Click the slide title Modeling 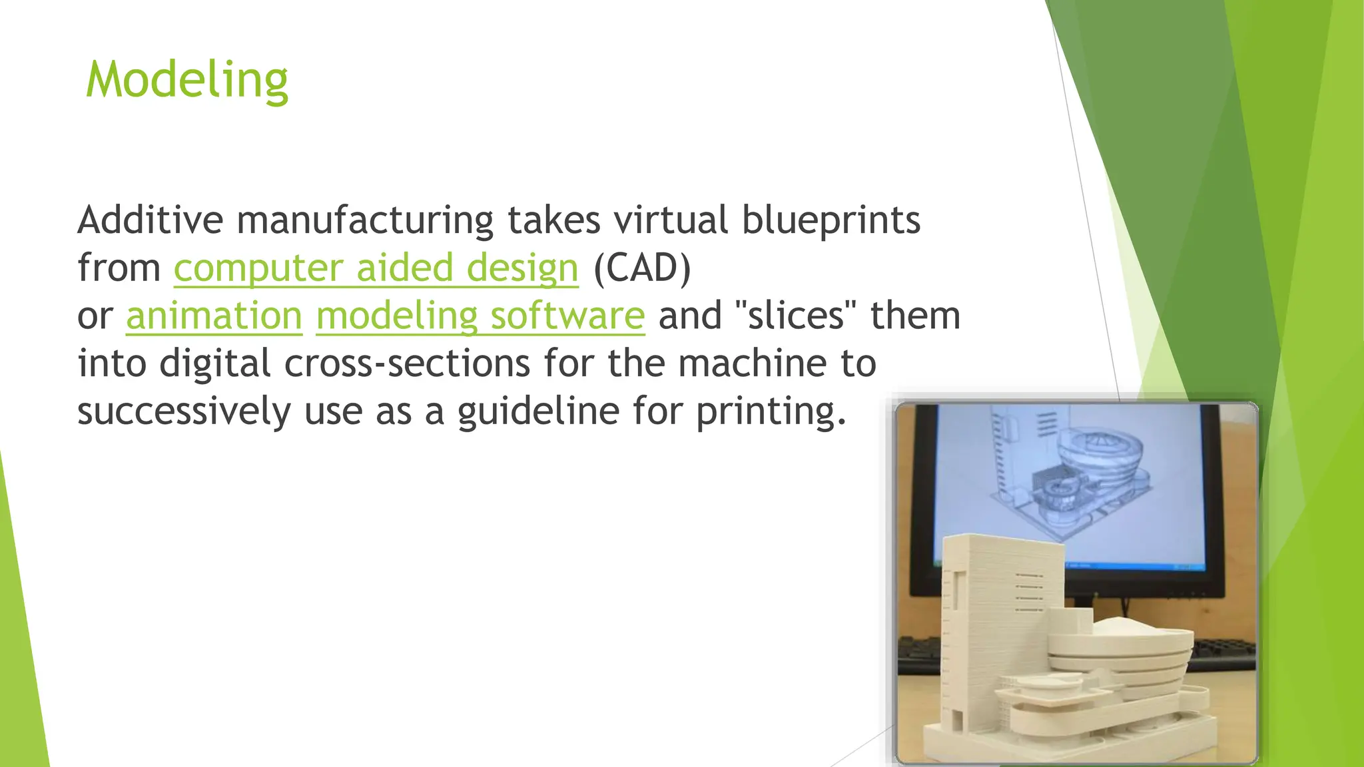[187, 80]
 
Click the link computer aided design [376, 268]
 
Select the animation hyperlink [214, 316]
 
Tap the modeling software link [480, 316]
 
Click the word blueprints [831, 221]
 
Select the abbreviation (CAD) [642, 268]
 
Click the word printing [771, 411]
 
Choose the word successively [184, 411]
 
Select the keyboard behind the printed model [1219, 652]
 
